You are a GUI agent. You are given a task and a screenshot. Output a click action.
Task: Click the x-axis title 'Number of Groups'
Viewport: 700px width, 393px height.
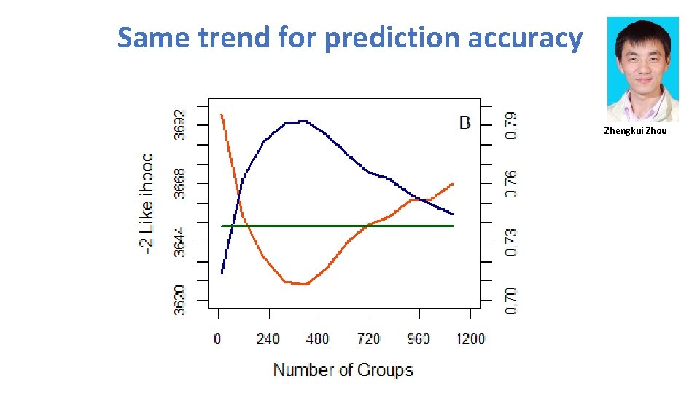(x=343, y=370)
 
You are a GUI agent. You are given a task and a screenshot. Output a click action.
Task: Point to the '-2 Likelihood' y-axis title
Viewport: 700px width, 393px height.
(x=147, y=203)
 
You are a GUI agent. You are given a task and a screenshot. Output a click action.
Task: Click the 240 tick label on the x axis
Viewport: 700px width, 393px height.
(x=268, y=338)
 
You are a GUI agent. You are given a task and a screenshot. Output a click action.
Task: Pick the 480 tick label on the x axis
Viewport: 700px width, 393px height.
(x=318, y=338)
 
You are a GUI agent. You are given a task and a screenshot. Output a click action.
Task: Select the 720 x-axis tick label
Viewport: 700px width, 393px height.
(x=368, y=338)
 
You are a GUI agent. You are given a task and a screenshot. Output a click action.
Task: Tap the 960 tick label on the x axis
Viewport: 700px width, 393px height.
(x=419, y=338)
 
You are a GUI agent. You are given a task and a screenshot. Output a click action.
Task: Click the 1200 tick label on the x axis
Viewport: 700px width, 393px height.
(x=470, y=338)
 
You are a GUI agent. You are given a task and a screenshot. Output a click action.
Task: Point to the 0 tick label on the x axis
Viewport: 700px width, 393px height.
(x=217, y=338)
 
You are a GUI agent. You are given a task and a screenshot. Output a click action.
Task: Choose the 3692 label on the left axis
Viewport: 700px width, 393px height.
(x=179, y=124)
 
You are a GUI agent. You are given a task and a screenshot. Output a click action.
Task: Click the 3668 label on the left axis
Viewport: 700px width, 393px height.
(x=179, y=183)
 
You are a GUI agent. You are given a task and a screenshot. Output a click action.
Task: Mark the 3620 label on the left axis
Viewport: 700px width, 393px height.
(x=179, y=300)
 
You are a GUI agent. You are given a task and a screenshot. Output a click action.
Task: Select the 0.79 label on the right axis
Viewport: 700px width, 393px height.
(x=512, y=124)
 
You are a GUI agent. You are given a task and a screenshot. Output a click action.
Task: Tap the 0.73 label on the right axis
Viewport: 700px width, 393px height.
(x=512, y=242)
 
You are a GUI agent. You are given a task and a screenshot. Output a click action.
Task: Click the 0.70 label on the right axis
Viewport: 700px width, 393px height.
(x=512, y=300)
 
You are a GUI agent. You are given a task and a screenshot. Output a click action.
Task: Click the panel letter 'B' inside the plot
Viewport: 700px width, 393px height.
(x=464, y=122)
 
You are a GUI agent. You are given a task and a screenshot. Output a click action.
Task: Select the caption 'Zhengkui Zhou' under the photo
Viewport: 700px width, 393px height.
(x=635, y=131)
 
